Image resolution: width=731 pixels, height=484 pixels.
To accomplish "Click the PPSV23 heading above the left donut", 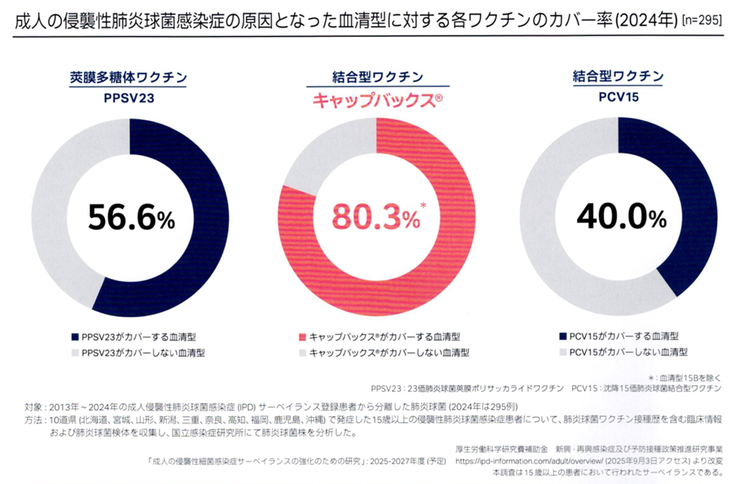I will coord(130,99).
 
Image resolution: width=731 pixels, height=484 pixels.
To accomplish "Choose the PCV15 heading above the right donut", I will coord(618,99).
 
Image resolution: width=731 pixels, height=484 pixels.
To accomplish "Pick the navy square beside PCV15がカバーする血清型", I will coord(562,337).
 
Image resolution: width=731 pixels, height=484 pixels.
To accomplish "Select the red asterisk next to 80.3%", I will coord(423,203).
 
